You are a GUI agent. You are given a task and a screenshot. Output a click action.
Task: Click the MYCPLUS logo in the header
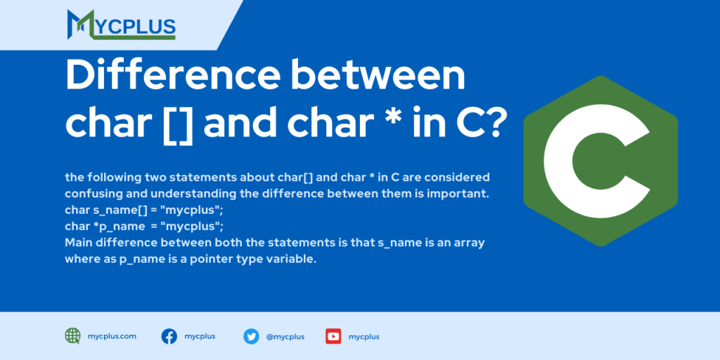(x=121, y=25)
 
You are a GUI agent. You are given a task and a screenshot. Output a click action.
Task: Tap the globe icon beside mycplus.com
(x=72, y=336)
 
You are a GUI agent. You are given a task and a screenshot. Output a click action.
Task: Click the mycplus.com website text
(x=112, y=336)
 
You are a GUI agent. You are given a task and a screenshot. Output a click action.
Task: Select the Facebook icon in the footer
(x=169, y=336)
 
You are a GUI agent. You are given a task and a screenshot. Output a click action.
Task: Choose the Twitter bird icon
(x=251, y=336)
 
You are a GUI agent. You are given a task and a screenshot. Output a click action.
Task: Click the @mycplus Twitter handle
(x=285, y=337)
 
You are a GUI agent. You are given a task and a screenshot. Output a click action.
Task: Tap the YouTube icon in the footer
(x=333, y=336)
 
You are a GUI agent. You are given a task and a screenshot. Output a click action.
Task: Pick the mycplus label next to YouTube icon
(x=364, y=337)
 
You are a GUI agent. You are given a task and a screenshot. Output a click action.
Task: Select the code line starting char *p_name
(x=143, y=226)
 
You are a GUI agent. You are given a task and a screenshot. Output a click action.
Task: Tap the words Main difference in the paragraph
(x=108, y=243)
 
